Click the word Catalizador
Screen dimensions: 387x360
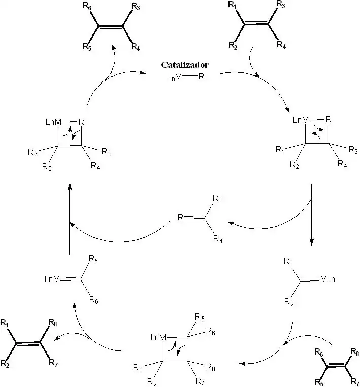coord(183,65)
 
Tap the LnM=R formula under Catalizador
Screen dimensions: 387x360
coord(183,77)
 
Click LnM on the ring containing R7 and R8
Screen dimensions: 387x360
coord(158,337)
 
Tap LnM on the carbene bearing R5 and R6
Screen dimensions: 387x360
coord(52,278)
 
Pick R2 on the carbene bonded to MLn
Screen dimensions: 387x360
coord(288,303)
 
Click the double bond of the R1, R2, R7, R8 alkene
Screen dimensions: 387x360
coord(29,342)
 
